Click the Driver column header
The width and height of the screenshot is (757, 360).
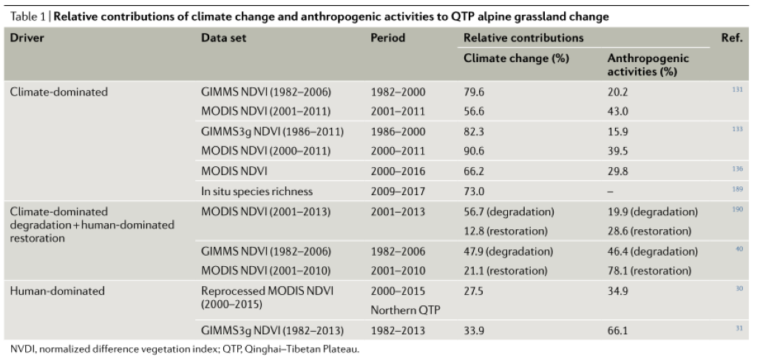pos(27,38)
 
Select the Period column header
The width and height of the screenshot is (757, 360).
pos(387,38)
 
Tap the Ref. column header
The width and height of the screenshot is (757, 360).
pos(731,38)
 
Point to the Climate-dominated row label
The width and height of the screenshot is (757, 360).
pos(58,92)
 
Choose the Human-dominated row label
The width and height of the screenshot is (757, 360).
pos(57,291)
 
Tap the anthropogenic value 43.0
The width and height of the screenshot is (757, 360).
pos(618,111)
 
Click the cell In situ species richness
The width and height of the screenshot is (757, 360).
pos(257,191)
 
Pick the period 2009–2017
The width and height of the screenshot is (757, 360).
pos(398,191)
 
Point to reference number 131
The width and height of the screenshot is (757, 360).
pos(738,89)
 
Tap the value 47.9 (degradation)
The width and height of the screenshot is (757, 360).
pos(506,251)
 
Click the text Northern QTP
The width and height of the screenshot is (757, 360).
pos(405,310)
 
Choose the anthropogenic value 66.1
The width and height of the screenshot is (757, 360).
pos(618,330)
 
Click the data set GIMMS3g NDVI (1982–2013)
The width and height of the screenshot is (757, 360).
pos(272,330)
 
